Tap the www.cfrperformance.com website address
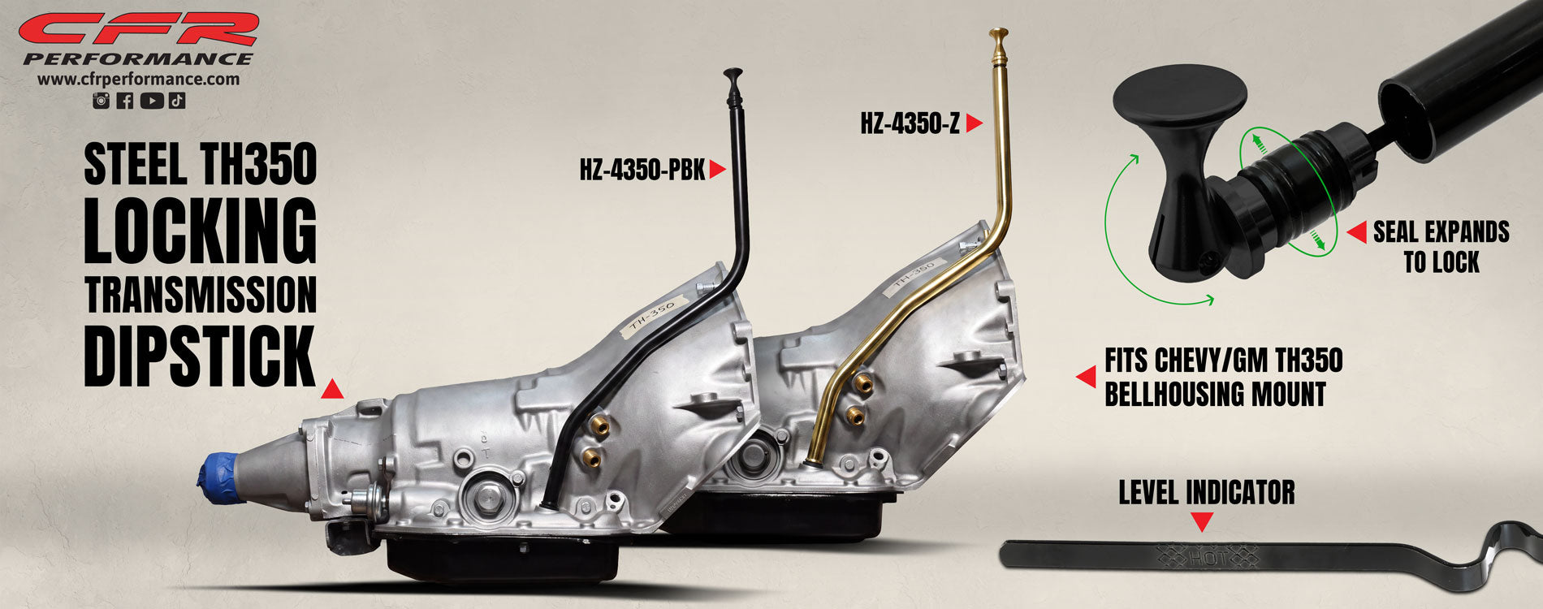[x=138, y=80]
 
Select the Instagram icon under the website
[x=102, y=101]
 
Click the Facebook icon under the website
[x=125, y=101]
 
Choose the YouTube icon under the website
[x=151, y=101]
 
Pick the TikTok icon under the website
[x=178, y=101]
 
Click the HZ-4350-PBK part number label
[x=642, y=171]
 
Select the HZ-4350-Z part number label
[x=910, y=124]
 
